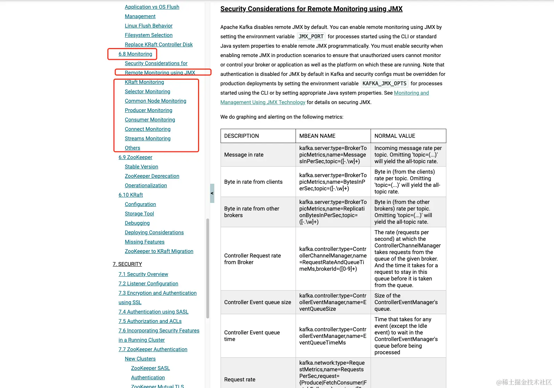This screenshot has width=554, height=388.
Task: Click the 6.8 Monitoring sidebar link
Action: pos(135,54)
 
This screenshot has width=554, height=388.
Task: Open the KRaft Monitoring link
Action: pos(144,82)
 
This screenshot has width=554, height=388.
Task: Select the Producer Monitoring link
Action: pos(148,110)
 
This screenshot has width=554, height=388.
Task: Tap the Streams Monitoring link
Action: pos(148,138)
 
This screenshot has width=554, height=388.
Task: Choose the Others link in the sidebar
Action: pos(132,148)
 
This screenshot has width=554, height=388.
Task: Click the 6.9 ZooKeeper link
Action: pos(135,157)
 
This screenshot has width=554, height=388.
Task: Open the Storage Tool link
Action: pos(139,214)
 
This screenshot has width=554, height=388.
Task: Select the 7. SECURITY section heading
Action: pos(127,264)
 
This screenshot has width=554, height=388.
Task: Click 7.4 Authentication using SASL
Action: pos(153,312)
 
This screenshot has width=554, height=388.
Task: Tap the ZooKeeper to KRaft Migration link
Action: pos(159,251)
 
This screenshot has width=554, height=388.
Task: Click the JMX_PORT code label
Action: pos(311,37)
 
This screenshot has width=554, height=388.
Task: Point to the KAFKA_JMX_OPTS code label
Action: pos(384,84)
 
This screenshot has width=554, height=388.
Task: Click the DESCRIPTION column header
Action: pos(241,136)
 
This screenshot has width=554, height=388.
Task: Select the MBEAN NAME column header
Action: pos(317,136)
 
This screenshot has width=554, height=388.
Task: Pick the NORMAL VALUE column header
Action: pos(395,136)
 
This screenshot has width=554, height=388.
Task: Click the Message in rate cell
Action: pos(244,155)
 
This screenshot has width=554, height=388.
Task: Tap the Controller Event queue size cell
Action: pos(257,302)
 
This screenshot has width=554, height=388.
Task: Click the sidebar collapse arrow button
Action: pos(212,193)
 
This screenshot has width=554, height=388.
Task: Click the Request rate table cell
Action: pos(240,380)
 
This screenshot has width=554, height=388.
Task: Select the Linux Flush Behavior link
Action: pos(148,26)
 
